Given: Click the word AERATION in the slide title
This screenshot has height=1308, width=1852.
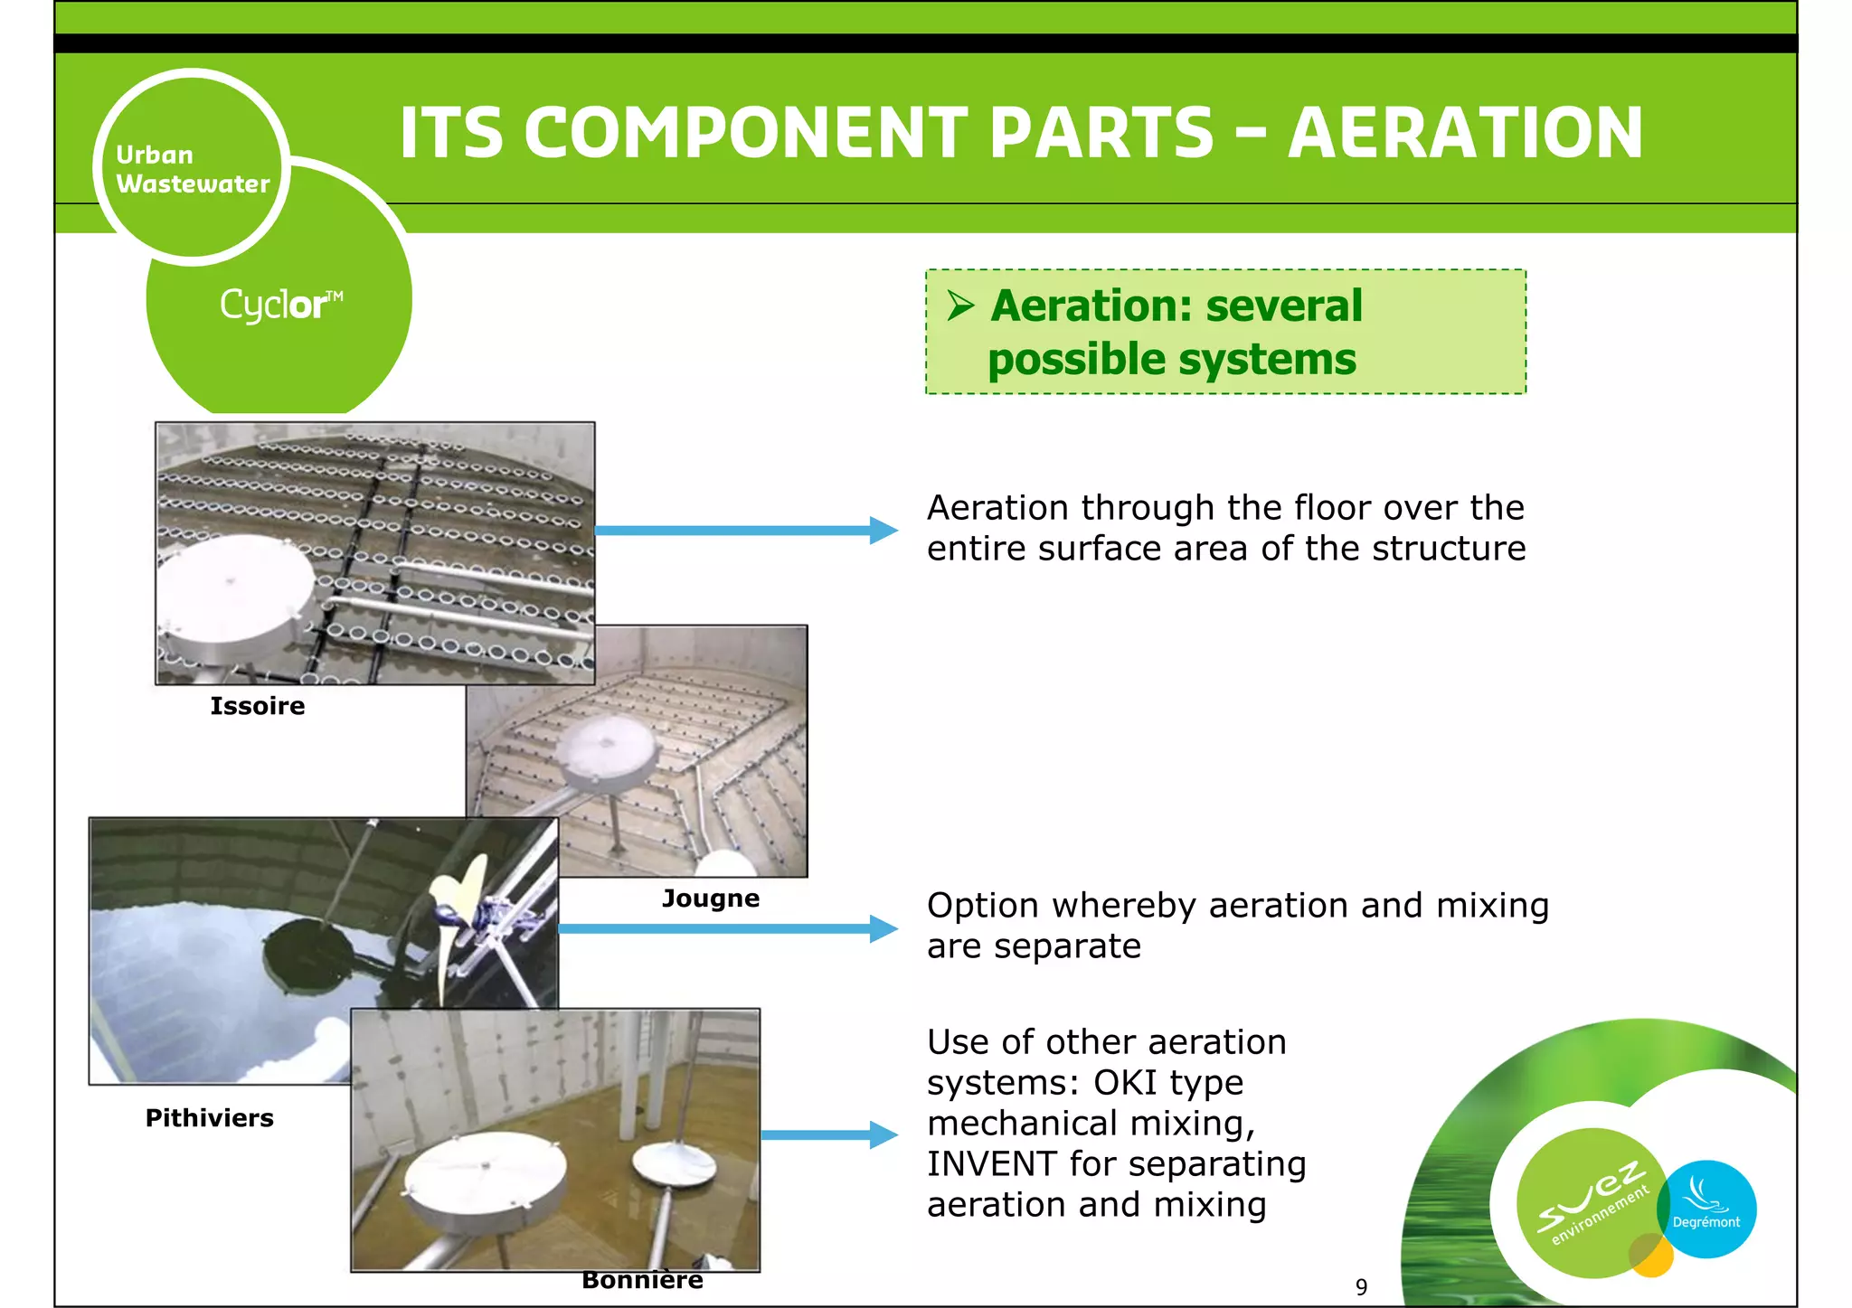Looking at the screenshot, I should click(x=1464, y=133).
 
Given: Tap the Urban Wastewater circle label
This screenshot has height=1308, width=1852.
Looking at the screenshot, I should click(x=192, y=169).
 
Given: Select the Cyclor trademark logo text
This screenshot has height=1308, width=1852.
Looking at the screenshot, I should click(x=280, y=305).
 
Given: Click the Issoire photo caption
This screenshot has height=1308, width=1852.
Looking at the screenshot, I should click(x=258, y=706).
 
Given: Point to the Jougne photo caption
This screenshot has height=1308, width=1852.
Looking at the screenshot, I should click(x=711, y=899).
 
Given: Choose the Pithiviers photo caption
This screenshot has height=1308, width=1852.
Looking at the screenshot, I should click(x=209, y=1118).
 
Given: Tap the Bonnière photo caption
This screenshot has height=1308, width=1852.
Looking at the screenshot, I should click(x=642, y=1280).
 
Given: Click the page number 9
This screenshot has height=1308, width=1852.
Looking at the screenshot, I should click(x=1361, y=1286).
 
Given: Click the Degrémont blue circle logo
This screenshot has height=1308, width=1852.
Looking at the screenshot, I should click(x=1708, y=1209).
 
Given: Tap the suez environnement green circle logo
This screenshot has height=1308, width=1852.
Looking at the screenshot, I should click(x=1591, y=1202).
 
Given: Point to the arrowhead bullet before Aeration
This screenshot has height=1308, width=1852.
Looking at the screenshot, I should click(x=960, y=306).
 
